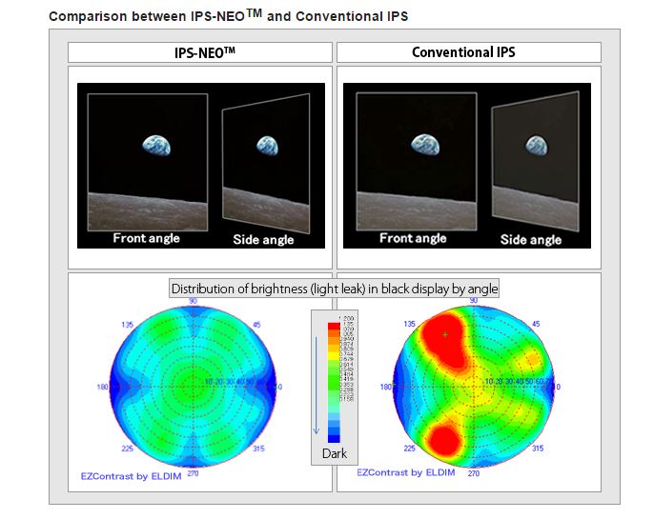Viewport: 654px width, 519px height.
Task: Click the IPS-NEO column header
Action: pos(199,52)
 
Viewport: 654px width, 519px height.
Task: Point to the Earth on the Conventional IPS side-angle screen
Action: pos(534,144)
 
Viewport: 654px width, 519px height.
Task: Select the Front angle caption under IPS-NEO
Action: pos(147,238)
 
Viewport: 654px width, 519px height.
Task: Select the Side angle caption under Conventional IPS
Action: pos(531,239)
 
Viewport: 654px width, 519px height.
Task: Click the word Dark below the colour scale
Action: pos(335,453)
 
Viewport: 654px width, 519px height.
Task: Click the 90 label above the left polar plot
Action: pos(193,301)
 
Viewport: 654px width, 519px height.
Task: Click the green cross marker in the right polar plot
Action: pos(444,334)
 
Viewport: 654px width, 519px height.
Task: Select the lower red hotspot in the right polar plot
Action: pos(443,440)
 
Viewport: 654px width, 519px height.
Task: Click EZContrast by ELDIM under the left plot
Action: pos(128,473)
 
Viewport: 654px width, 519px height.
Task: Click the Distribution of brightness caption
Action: pos(334,288)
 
